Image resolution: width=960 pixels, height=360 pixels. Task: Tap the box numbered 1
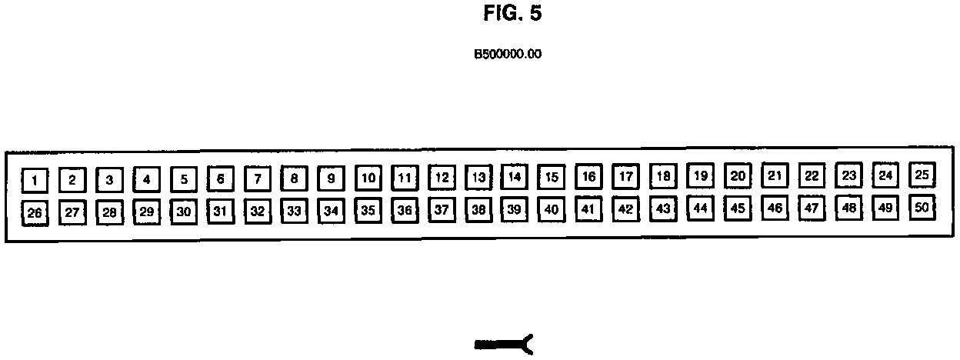click(x=34, y=181)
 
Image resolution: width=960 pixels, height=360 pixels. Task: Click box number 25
click(x=922, y=175)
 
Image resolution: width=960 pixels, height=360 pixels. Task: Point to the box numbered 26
click(x=34, y=213)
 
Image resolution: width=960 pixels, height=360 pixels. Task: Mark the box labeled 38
click(x=478, y=209)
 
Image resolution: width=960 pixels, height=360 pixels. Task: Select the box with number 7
click(x=258, y=179)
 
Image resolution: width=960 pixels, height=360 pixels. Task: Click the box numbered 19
click(x=700, y=176)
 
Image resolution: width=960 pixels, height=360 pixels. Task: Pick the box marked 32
click(x=258, y=211)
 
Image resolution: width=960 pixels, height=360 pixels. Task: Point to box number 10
click(x=368, y=178)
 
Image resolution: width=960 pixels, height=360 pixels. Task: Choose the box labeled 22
click(x=811, y=176)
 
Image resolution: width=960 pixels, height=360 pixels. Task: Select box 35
click(x=368, y=210)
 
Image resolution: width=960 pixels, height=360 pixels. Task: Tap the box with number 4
click(x=146, y=180)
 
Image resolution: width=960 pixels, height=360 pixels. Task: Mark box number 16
click(x=588, y=177)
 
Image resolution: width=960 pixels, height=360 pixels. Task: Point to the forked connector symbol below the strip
click(x=504, y=345)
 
